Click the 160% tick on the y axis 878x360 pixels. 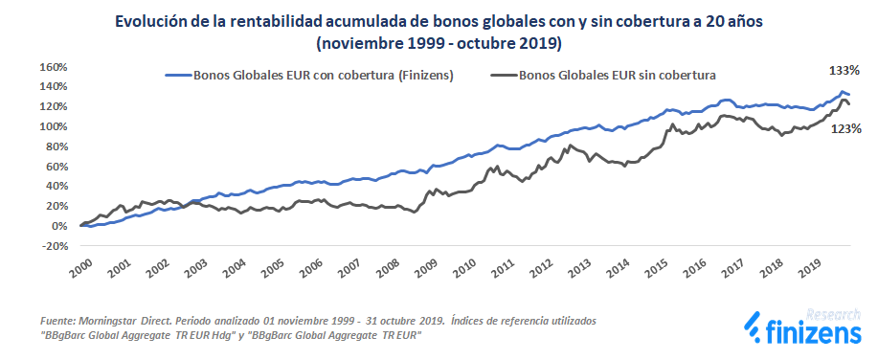pyautogui.click(x=53, y=67)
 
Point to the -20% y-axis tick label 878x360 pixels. pyautogui.click(x=52, y=246)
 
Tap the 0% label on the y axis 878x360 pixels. pyautogui.click(x=58, y=226)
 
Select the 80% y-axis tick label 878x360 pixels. pyautogui.click(x=56, y=146)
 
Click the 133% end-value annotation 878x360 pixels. pyautogui.click(x=844, y=71)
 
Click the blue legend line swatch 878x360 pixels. pyautogui.click(x=177, y=75)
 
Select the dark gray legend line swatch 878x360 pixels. pyautogui.click(x=502, y=75)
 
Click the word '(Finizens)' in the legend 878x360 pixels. pyautogui.click(x=421, y=75)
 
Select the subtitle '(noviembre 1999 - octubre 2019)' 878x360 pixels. pyautogui.click(x=439, y=44)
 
